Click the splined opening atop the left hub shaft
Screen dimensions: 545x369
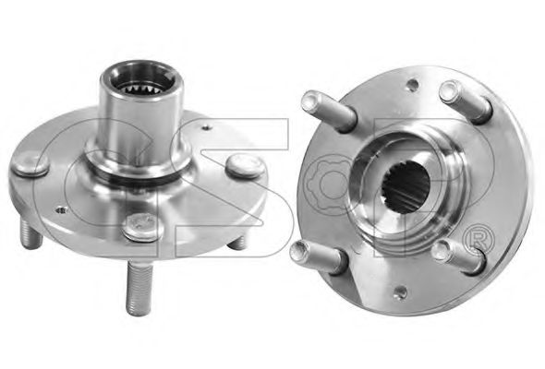(141, 86)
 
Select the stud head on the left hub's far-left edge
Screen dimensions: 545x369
(30, 165)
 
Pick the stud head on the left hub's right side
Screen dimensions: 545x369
(245, 165)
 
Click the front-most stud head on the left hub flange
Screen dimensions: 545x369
(143, 226)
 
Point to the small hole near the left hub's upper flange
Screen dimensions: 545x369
(207, 127)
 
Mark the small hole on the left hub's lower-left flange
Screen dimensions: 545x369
(62, 210)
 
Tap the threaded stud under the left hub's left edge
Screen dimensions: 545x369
(31, 233)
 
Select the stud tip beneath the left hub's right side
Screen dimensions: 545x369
(239, 243)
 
